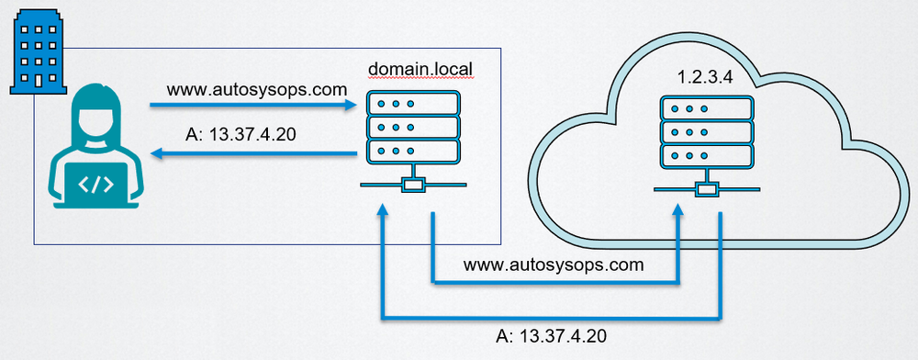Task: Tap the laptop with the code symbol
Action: pyautogui.click(x=95, y=185)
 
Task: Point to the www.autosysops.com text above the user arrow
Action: pyautogui.click(x=256, y=90)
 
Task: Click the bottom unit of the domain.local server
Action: pyautogui.click(x=412, y=151)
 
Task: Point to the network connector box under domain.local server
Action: pyautogui.click(x=412, y=186)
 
